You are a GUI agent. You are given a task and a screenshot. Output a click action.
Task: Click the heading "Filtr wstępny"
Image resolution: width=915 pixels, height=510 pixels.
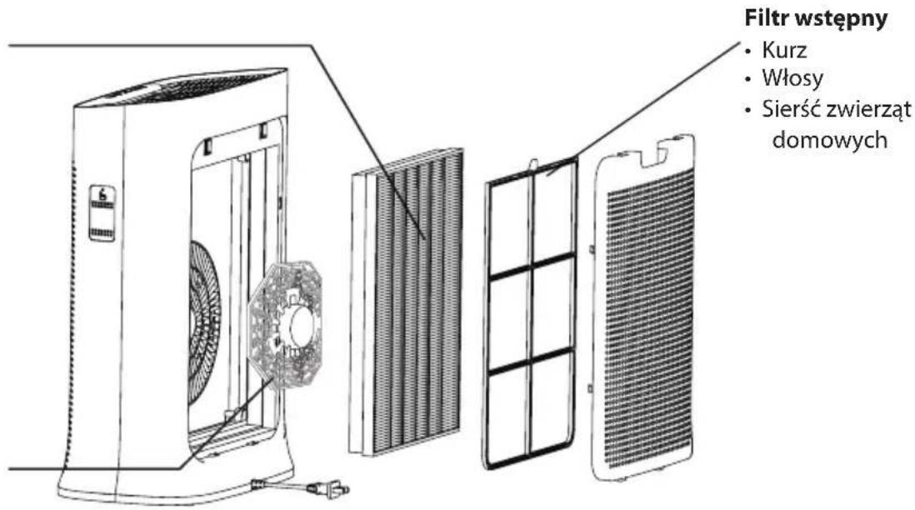tap(816, 18)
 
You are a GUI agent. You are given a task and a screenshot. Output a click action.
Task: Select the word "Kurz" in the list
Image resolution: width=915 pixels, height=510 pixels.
tap(784, 51)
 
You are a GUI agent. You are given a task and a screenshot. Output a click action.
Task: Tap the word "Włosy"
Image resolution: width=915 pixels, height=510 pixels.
tap(792, 79)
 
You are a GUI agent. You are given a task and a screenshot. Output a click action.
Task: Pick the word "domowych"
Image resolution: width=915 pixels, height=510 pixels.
tap(830, 140)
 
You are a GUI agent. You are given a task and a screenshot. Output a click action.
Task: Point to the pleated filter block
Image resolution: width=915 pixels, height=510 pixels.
tap(406, 302)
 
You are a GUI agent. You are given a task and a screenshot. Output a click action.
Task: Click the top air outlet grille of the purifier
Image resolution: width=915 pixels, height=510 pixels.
tap(187, 87)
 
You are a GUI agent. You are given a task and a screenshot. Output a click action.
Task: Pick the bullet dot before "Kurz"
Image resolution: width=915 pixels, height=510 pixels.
tap(748, 51)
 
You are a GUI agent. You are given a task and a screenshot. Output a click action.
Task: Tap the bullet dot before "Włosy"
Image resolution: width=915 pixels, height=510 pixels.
tap(748, 79)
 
